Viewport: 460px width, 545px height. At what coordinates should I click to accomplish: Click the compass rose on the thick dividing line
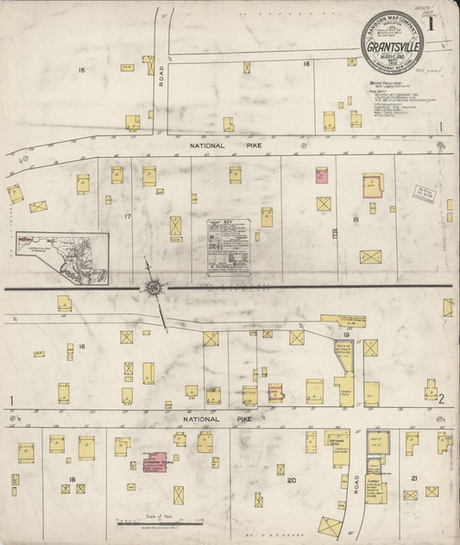tap(153, 286)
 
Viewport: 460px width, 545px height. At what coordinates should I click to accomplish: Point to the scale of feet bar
tap(160, 523)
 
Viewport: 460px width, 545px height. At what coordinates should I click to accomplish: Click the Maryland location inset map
tap(62, 257)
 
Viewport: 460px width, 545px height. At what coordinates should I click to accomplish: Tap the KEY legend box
tap(229, 246)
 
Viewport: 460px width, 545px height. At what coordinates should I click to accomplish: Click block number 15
tap(82, 69)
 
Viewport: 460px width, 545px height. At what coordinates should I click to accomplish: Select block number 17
tap(127, 216)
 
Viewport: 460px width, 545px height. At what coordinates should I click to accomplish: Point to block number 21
tap(414, 478)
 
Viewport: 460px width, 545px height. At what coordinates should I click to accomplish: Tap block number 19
tap(345, 334)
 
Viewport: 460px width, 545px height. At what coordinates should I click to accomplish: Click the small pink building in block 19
tap(276, 393)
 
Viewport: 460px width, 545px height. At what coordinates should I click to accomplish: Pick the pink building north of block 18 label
tap(322, 176)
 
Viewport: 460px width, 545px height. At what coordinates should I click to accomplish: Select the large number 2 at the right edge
tap(440, 398)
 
